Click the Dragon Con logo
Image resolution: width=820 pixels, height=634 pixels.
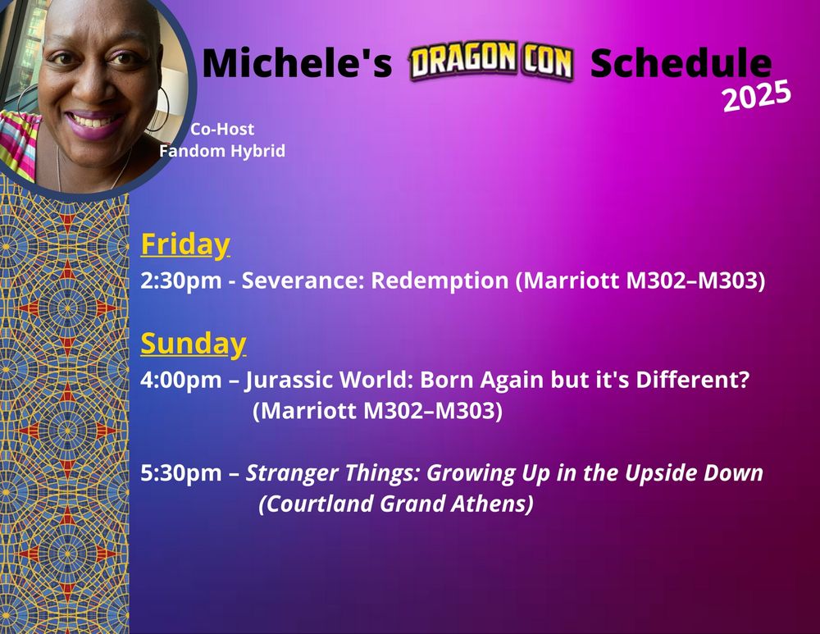(490, 62)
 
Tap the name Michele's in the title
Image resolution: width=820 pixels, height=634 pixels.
(297, 63)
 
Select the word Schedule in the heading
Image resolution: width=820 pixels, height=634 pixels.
(681, 63)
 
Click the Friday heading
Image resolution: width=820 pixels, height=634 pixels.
(185, 244)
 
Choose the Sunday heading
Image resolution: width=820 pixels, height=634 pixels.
(194, 344)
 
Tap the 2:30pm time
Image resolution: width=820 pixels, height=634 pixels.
(181, 281)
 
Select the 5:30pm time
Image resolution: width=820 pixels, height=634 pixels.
(181, 473)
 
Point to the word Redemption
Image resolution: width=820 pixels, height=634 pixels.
(440, 281)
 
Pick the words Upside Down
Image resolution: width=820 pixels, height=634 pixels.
(694, 473)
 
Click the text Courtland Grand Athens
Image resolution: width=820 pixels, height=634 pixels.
(396, 504)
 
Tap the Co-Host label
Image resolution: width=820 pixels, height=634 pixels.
(222, 129)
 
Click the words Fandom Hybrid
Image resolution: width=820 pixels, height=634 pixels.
(222, 151)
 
